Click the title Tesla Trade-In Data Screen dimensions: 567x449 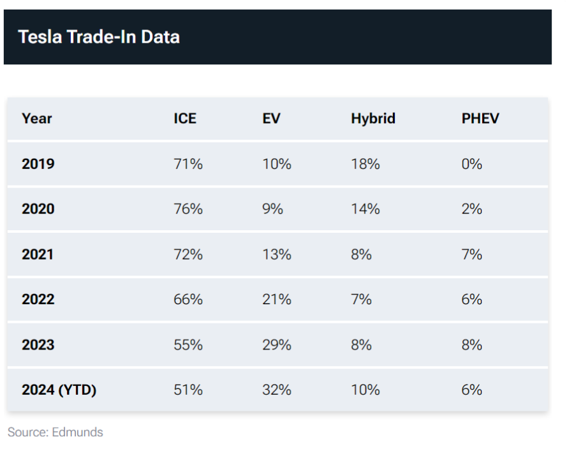pos(99,37)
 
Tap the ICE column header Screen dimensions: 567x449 pos(185,119)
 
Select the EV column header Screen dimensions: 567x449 pos(271,119)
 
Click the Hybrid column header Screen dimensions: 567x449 pos(373,119)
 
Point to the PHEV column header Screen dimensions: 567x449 pos(480,119)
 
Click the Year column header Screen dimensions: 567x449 pos(37,119)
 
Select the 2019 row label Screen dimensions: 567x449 pos(38,164)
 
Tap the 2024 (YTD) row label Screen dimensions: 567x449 pos(59,390)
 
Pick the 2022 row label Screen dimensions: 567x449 pos(38,299)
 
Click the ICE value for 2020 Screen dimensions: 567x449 pos(188,209)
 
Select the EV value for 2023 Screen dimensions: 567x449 pos(277,345)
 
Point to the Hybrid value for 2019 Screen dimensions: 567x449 pos(365,164)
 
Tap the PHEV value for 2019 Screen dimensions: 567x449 pos(471,164)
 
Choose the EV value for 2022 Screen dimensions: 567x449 pos(277,299)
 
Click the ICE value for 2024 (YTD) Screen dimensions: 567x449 pos(188,390)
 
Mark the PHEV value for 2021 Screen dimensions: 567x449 pos(471,254)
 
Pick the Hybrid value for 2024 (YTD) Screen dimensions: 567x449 pos(365,390)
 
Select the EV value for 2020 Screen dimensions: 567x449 pos(272,209)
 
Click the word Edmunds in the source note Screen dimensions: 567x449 pos(77,432)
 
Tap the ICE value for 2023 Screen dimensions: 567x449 pos(188,345)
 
